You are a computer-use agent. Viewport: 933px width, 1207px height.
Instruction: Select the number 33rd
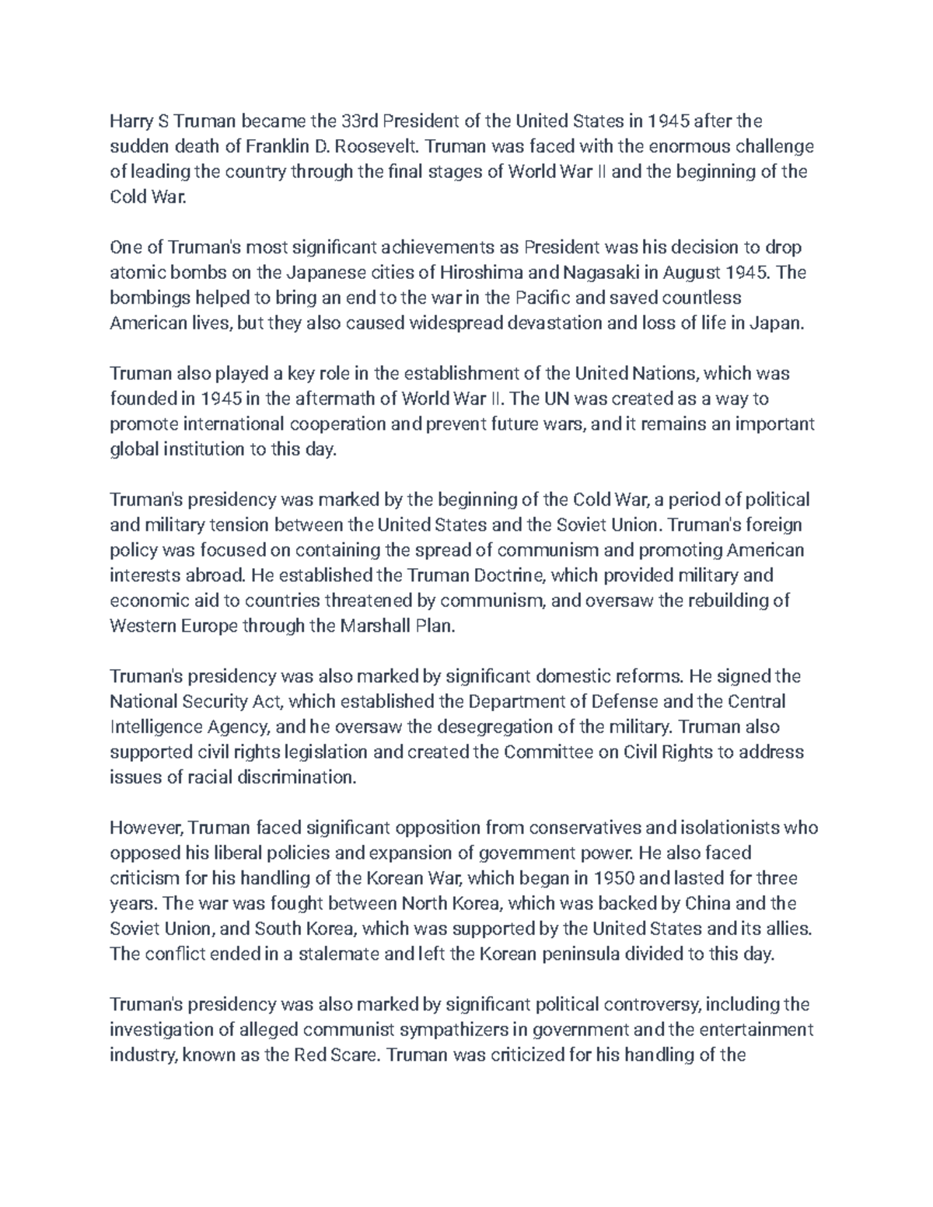coord(359,121)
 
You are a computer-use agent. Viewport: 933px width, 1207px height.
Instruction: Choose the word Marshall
coord(379,626)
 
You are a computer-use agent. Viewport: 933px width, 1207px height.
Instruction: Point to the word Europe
coord(208,626)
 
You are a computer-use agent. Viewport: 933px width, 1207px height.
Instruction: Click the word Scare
coord(357,1055)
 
